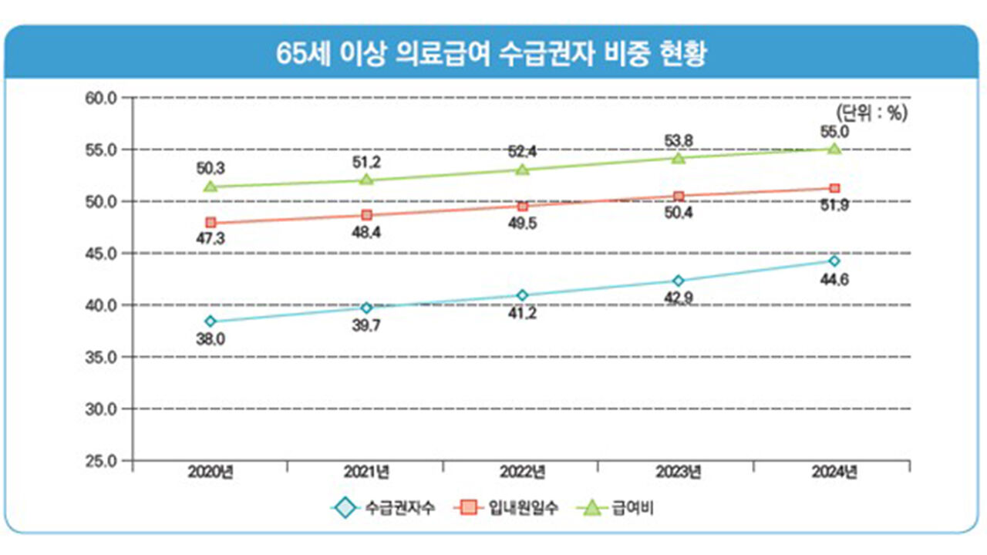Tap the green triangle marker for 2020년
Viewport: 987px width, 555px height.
[211, 187]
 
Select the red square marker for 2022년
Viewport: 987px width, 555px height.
[523, 207]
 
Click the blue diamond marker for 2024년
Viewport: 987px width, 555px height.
[834, 261]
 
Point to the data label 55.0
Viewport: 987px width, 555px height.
[834, 132]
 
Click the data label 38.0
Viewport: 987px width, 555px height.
[210, 338]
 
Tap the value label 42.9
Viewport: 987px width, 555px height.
[679, 298]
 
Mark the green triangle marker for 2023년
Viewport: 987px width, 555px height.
[679, 158]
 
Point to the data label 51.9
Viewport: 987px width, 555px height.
[834, 205]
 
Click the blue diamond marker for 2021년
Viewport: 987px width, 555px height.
[367, 308]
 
